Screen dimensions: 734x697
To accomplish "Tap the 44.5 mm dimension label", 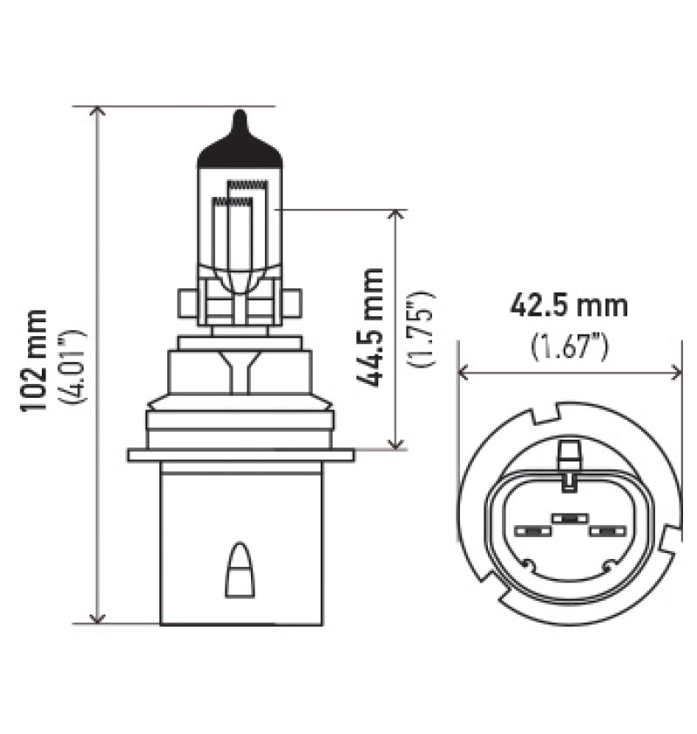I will click(370, 327).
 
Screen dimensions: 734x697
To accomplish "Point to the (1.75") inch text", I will click(423, 328).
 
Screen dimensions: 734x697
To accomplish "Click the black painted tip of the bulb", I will click(240, 145).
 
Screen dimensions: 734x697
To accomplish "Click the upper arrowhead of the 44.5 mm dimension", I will click(396, 216).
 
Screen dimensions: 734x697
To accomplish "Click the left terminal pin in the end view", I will click(531, 530).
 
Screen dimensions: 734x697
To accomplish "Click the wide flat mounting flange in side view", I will click(240, 455).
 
